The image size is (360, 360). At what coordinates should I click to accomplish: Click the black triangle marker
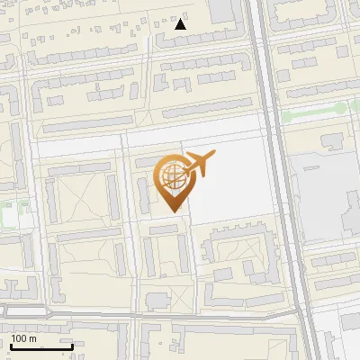181,23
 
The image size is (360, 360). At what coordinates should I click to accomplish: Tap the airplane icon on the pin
200,164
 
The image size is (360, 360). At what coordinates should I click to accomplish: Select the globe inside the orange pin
170,175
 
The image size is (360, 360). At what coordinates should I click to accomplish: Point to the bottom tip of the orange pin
172,211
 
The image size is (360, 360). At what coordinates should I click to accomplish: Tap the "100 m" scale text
23,338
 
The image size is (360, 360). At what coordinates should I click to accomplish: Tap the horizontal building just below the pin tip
164,229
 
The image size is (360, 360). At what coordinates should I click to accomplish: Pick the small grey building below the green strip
331,140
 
